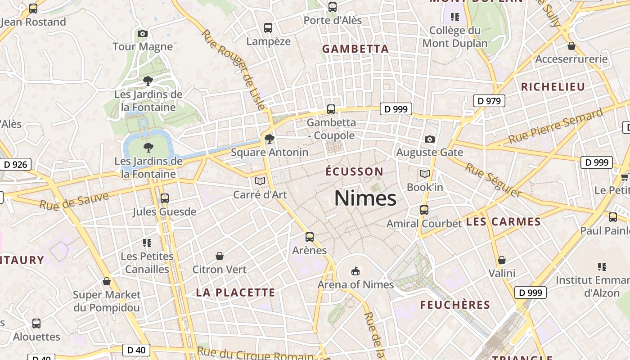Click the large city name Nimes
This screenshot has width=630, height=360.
[x=365, y=198]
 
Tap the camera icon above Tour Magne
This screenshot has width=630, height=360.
[x=143, y=34]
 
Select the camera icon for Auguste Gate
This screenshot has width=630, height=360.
[x=430, y=139]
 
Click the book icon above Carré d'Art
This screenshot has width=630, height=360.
[x=260, y=181]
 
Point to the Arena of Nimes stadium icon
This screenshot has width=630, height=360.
[x=355, y=271]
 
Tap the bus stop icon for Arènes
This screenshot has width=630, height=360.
[x=310, y=237]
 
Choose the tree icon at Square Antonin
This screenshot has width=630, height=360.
[x=270, y=139]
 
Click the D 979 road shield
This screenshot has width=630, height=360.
[x=489, y=101]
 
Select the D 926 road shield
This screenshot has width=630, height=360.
[x=16, y=165]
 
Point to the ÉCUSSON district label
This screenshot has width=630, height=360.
[x=354, y=171]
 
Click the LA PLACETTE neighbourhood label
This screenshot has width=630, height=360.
[x=235, y=292]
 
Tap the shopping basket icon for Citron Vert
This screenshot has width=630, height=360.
[x=220, y=256]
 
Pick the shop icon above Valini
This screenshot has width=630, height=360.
[x=502, y=260]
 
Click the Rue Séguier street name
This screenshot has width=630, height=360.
[x=493, y=180]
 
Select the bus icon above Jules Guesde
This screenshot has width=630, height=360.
[x=165, y=198]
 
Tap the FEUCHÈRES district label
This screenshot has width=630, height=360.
[x=455, y=305]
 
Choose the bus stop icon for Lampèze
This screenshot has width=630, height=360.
[x=268, y=28]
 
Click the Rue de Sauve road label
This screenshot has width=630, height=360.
[x=74, y=201]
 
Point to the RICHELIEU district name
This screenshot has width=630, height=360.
[x=553, y=87]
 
